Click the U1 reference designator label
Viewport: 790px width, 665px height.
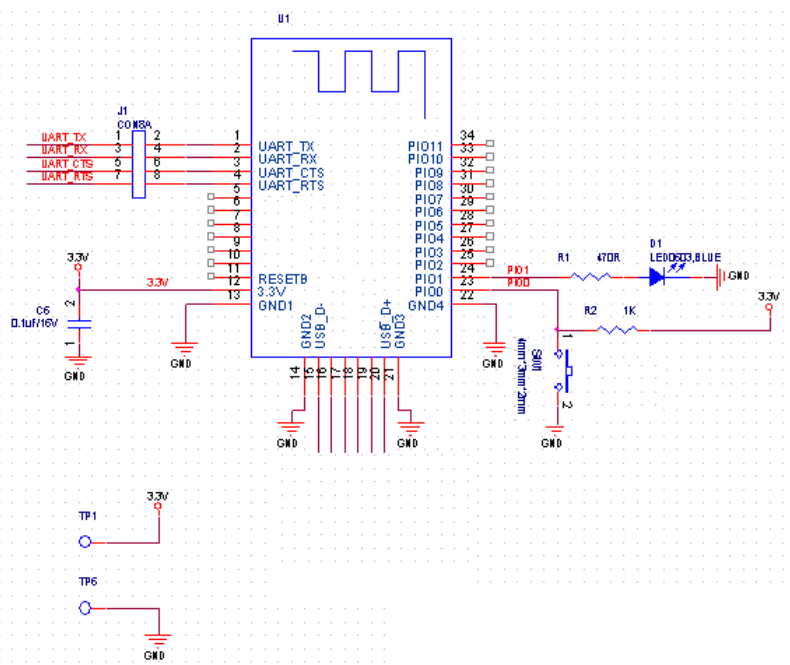(x=282, y=19)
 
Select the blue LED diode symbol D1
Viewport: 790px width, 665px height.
(x=657, y=277)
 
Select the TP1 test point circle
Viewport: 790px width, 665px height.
(x=85, y=541)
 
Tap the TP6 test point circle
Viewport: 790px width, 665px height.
(x=85, y=607)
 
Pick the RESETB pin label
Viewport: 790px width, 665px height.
(x=282, y=278)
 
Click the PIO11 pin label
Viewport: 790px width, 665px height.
(x=425, y=146)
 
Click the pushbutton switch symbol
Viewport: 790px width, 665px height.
(x=567, y=374)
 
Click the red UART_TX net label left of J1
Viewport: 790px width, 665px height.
(x=63, y=136)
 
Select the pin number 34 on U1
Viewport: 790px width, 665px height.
(x=467, y=134)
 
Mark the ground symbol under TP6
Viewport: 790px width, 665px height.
(x=156, y=640)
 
